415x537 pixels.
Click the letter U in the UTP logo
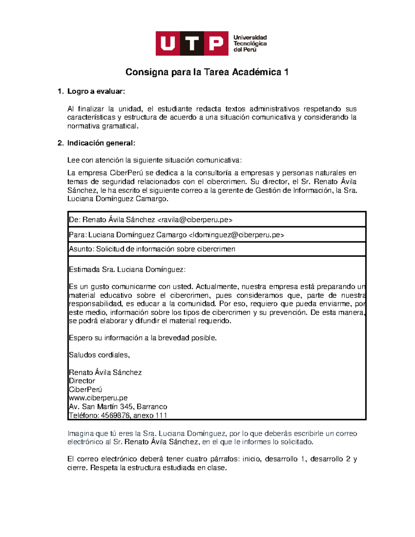pyautogui.click(x=168, y=44)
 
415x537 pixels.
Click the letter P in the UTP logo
pyautogui.click(x=216, y=44)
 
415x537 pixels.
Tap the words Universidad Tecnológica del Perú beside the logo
pyautogui.click(x=250, y=44)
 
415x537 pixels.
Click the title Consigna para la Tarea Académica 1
pyautogui.click(x=207, y=72)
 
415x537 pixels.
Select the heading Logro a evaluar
pyautogui.click(x=96, y=92)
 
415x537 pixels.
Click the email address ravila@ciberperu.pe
pyautogui.click(x=195, y=220)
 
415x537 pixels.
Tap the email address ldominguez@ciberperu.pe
pyautogui.click(x=236, y=235)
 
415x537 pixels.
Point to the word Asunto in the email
pyautogui.click(x=81, y=249)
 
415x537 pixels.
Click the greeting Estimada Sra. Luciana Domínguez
pyautogui.click(x=127, y=270)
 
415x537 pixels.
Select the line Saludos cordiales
pyautogui.click(x=99, y=355)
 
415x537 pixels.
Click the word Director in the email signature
pyautogui.click(x=82, y=381)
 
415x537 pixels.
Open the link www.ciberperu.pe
pyautogui.click(x=98, y=398)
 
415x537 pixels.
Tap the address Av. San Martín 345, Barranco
pyautogui.click(x=118, y=407)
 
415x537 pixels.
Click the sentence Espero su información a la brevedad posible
pyautogui.click(x=142, y=338)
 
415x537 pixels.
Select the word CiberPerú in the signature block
pyautogui.click(x=85, y=390)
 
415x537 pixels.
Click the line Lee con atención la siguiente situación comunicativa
pyautogui.click(x=155, y=160)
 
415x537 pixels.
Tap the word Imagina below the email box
pyautogui.click(x=80, y=434)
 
